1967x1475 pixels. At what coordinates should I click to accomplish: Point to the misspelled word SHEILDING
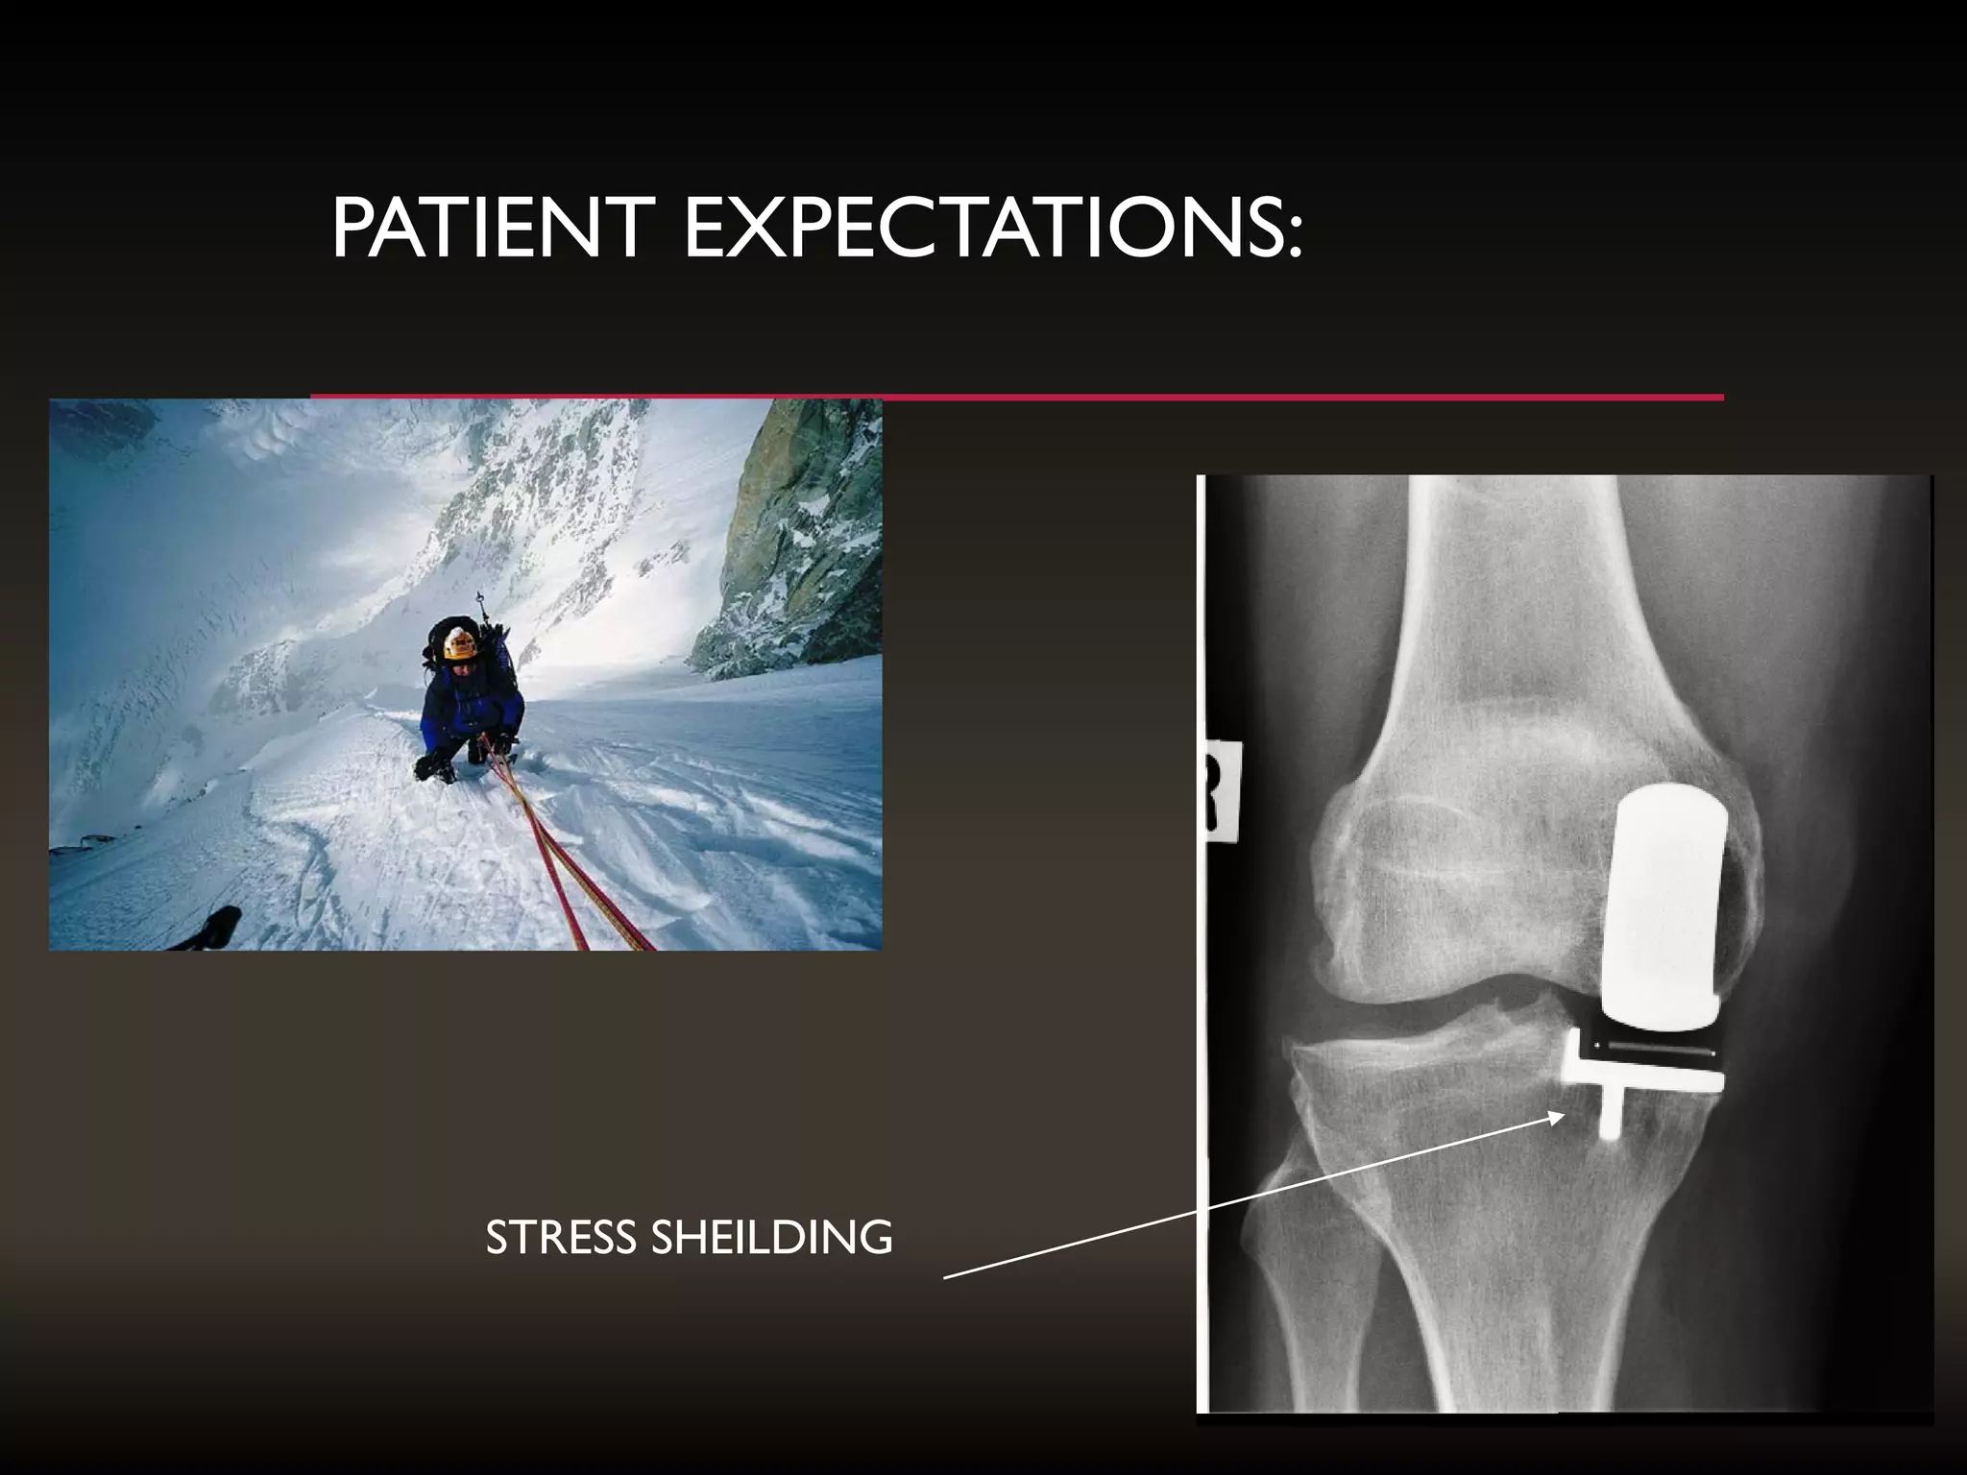772,1238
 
